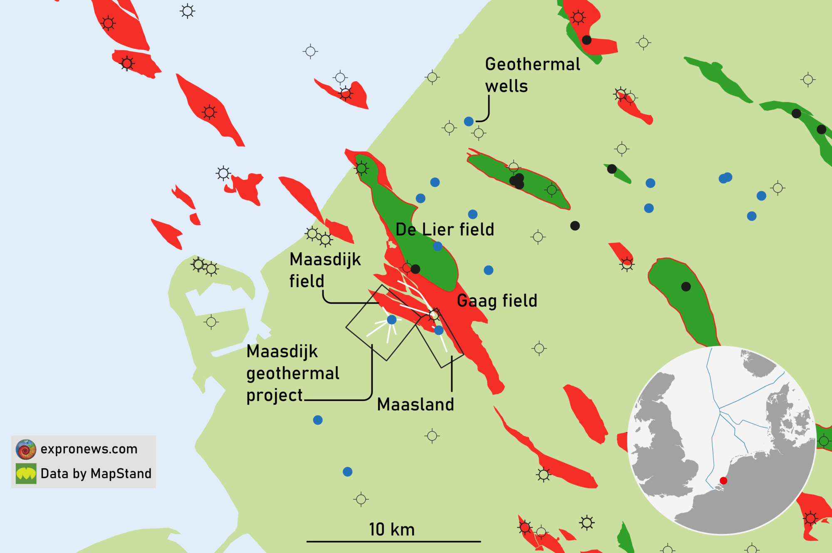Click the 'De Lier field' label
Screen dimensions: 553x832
[445, 229]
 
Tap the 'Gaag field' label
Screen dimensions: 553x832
[497, 300]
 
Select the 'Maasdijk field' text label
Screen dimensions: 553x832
[325, 270]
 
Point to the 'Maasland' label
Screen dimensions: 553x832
[415, 404]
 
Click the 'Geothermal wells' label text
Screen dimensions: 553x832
[532, 75]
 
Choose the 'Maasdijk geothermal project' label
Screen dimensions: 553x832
[292, 373]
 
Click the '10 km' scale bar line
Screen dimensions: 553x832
[394, 541]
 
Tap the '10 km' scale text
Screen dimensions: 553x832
[392, 529]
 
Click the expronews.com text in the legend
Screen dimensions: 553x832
[89, 449]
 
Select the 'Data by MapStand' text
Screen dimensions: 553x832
[96, 474]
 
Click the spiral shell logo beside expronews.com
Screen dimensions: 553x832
[26, 449]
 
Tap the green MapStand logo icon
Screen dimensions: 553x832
[26, 474]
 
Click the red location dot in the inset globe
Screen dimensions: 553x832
[723, 481]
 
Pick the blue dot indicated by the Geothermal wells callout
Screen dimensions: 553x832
[469, 122]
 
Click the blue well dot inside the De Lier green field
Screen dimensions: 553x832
[438, 246]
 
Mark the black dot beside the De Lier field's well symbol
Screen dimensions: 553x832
[415, 269]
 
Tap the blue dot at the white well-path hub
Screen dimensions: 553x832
[392, 320]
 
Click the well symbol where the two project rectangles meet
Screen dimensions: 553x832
[434, 315]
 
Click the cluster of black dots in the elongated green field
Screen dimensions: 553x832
[517, 181]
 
